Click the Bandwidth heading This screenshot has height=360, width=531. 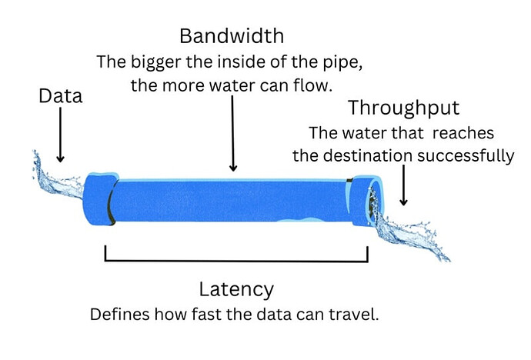tap(232, 35)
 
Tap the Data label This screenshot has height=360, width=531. tap(60, 96)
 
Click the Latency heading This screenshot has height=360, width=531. tap(235, 289)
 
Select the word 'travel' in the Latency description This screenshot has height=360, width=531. tap(357, 315)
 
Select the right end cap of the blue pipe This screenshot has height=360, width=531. tap(365, 202)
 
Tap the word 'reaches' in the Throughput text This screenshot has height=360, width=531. tap(464, 132)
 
